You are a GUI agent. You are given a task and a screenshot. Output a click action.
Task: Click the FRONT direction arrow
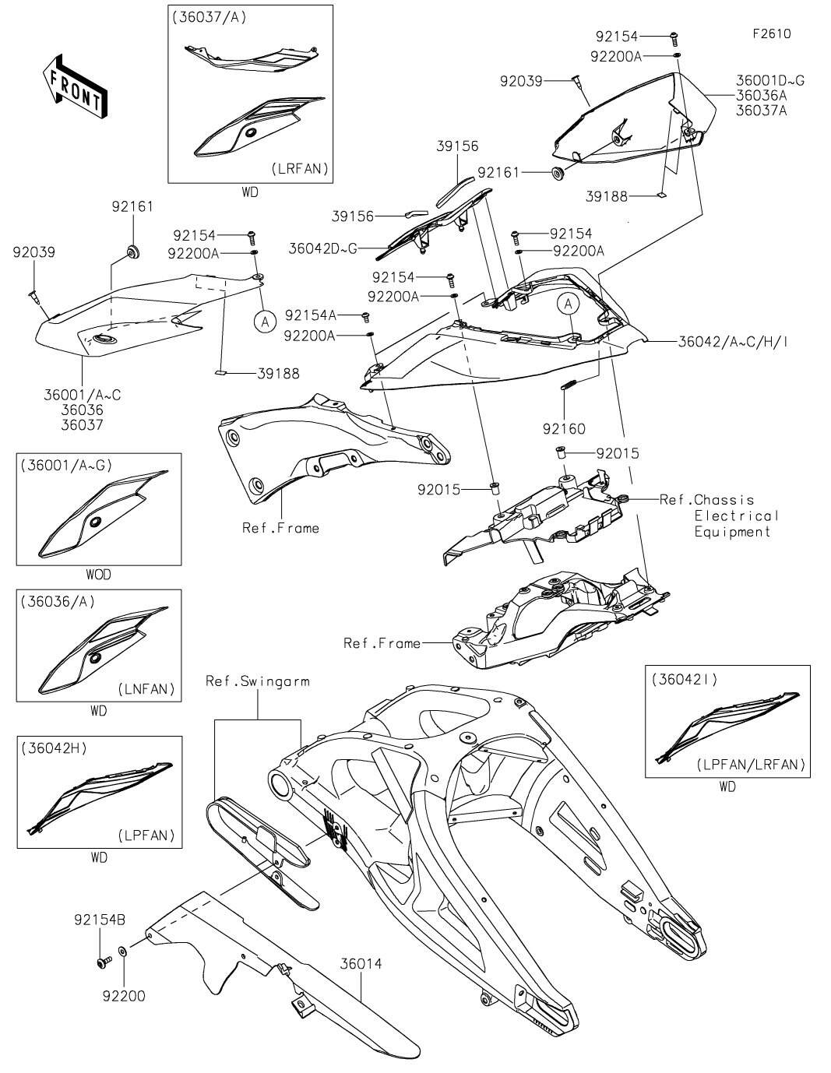click(x=75, y=86)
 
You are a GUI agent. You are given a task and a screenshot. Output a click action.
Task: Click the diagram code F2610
click(x=771, y=34)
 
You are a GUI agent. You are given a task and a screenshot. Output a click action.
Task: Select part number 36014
click(x=361, y=964)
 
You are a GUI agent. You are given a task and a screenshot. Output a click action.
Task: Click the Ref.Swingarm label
click(x=257, y=681)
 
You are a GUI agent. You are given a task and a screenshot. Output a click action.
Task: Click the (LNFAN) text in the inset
click(x=146, y=689)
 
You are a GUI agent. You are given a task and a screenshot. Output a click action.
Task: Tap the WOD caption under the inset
click(x=98, y=575)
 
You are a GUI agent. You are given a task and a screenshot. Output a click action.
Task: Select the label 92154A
click(x=311, y=315)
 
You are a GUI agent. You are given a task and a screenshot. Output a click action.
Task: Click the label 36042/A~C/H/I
click(x=733, y=341)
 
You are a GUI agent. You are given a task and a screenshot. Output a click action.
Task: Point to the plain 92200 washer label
click(x=123, y=996)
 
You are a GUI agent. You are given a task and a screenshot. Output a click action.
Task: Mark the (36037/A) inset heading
click(x=208, y=16)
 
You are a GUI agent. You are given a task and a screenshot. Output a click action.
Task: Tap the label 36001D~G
click(x=770, y=80)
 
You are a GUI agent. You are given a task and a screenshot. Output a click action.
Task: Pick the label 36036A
click(x=762, y=96)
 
